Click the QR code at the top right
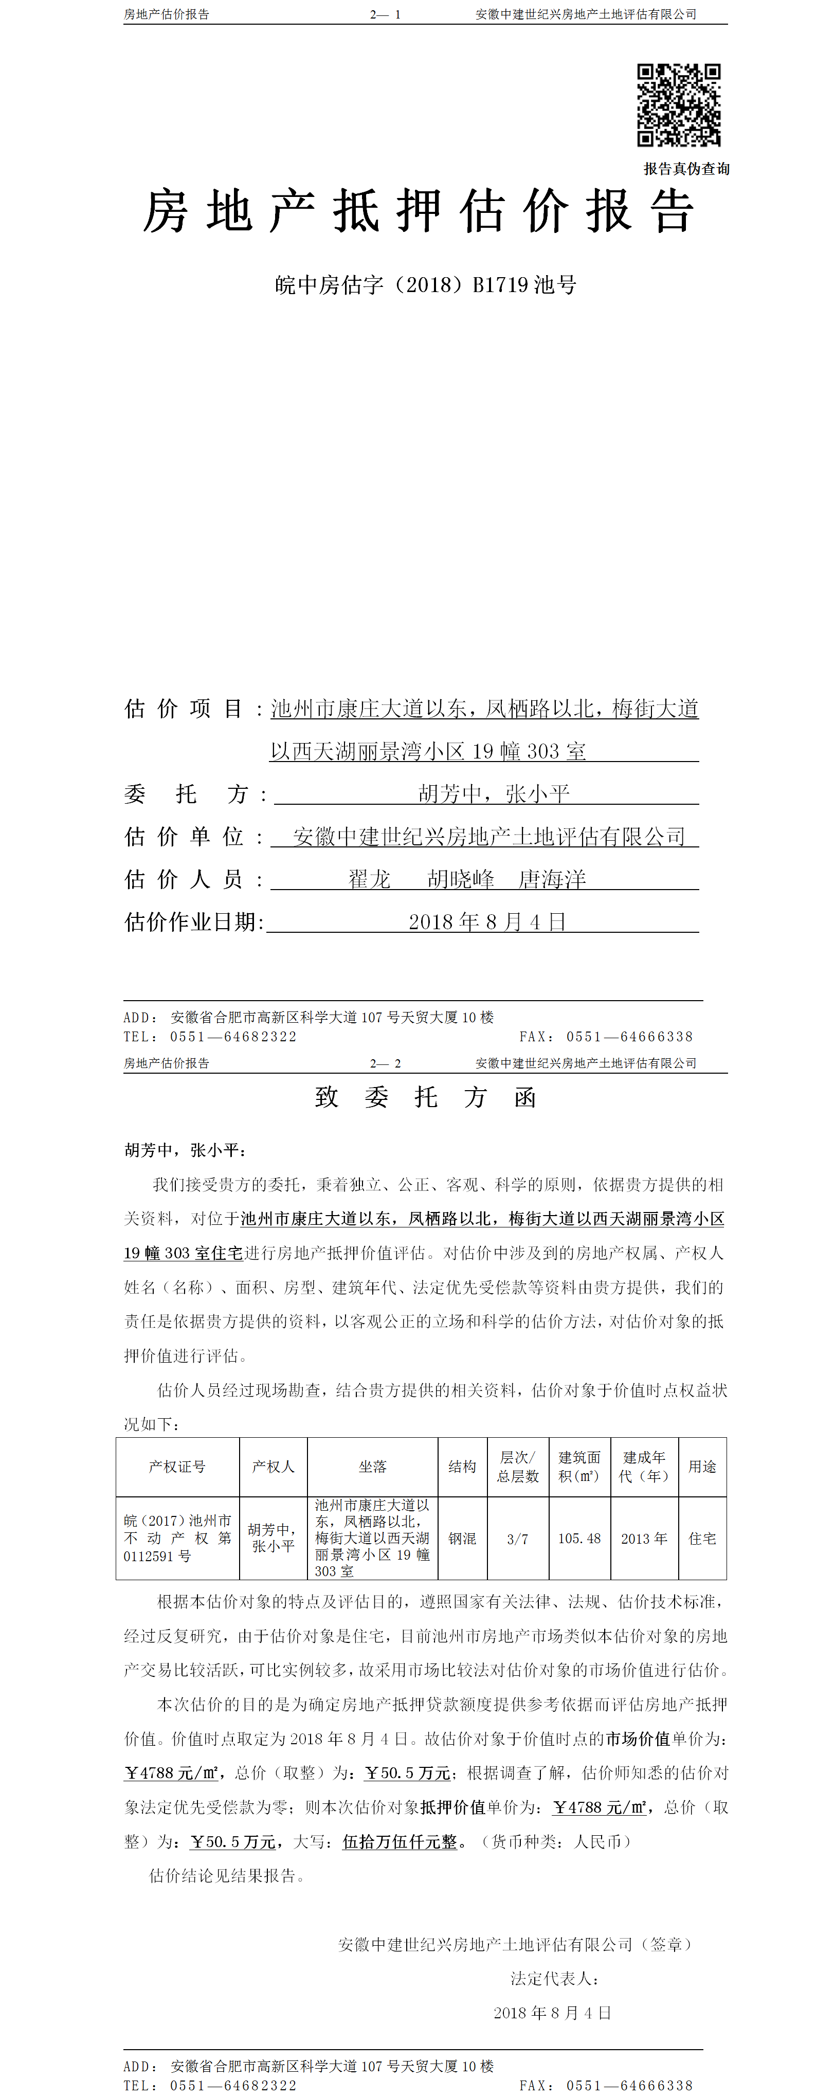(678, 105)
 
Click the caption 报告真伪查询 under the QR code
(686, 169)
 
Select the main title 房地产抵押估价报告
(419, 212)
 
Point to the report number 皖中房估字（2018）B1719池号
(425, 285)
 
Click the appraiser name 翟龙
(370, 880)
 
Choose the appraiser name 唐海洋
(552, 880)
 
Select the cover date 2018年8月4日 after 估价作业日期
(487, 922)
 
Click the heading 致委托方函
(425, 1098)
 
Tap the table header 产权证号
(177, 1467)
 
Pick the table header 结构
(462, 1467)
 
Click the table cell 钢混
(462, 1539)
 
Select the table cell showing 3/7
(517, 1539)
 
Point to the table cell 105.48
(579, 1539)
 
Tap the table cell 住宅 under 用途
(702, 1539)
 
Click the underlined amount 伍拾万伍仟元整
(400, 1841)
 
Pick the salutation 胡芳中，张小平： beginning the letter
(186, 1150)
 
